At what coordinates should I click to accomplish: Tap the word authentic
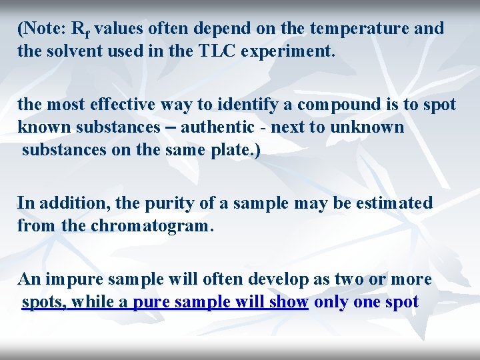pyautogui.click(x=217, y=127)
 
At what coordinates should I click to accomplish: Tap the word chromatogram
pyautogui.click(x=151, y=225)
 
